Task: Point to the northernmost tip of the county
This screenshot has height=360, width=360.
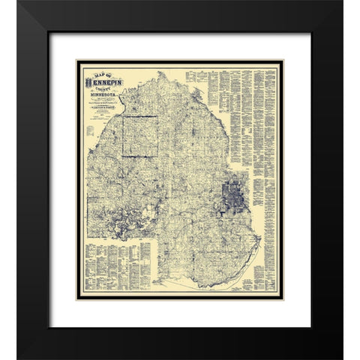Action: click(x=160, y=73)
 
